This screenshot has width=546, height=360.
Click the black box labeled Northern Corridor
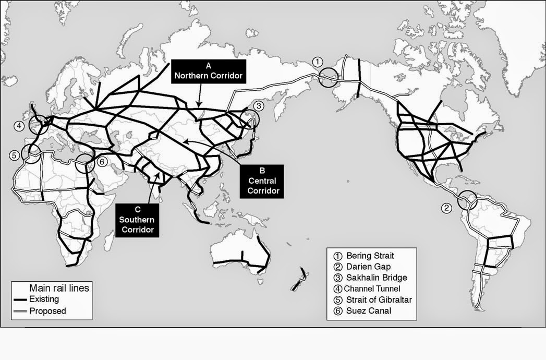tap(209, 70)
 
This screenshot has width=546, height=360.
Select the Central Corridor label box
tap(262, 181)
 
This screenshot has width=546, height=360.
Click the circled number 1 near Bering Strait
tap(317, 62)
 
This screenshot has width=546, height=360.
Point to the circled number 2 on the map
tap(446, 208)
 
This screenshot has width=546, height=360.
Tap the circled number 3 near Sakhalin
tap(257, 106)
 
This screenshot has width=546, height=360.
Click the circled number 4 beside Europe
tap(19, 126)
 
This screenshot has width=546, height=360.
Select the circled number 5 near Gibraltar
tap(15, 155)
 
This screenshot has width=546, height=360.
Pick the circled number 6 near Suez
tap(102, 161)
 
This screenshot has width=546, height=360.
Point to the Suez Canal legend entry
tap(367, 311)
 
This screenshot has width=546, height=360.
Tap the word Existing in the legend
tap(44, 299)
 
